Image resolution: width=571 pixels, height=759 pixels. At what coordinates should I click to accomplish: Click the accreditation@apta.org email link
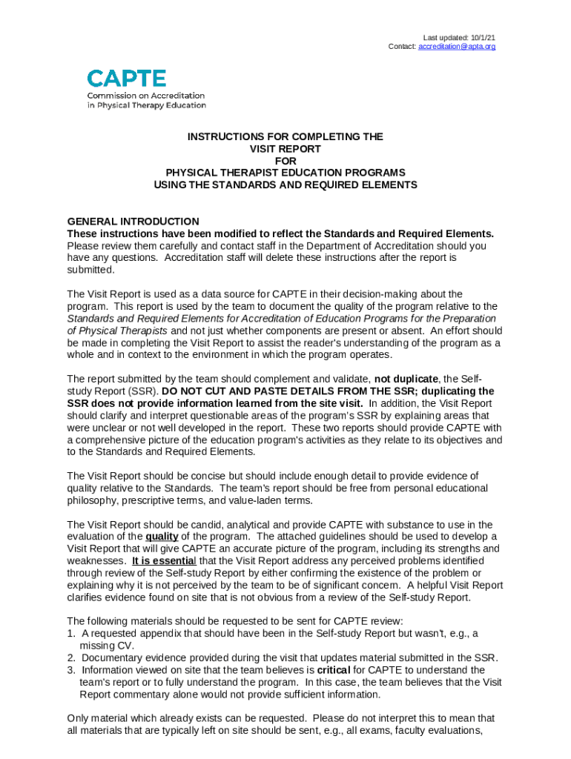pyautogui.click(x=457, y=47)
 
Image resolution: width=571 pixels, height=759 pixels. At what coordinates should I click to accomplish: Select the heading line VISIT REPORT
pyautogui.click(x=285, y=149)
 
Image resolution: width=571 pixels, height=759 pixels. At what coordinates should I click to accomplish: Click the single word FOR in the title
pyautogui.click(x=285, y=161)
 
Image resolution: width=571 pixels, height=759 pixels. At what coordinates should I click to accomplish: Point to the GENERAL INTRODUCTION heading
pyautogui.click(x=133, y=221)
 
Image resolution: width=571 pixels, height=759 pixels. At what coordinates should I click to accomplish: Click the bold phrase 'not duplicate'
pyautogui.click(x=406, y=379)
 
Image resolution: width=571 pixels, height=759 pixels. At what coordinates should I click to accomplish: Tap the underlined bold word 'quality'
pyautogui.click(x=162, y=536)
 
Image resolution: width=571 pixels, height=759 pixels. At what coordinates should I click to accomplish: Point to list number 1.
pyautogui.click(x=70, y=633)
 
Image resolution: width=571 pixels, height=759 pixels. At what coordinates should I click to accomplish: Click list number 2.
pyautogui.click(x=70, y=657)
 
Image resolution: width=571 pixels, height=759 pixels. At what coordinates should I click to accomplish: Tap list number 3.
pyautogui.click(x=70, y=670)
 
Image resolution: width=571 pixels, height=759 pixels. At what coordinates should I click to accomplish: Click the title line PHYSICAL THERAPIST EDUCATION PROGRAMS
pyautogui.click(x=285, y=173)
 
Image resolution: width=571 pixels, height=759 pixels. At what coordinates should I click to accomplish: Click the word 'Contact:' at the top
pyautogui.click(x=403, y=47)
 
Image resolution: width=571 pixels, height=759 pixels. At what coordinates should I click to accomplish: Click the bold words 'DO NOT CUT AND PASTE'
pyautogui.click(x=225, y=391)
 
